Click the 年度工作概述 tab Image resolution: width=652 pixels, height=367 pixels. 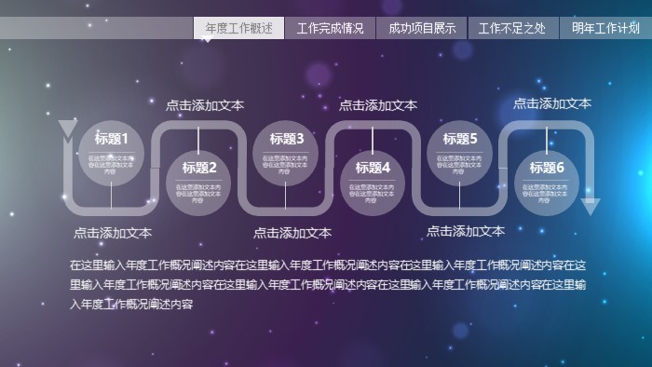238,28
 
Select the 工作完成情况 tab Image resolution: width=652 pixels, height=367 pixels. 330,28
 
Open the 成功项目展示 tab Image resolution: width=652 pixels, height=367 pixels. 422,28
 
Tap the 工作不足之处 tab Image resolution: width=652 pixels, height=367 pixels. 512,28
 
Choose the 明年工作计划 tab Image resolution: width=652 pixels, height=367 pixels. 604,28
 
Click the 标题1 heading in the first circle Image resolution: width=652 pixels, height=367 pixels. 112,139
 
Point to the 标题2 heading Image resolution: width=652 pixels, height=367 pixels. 198,168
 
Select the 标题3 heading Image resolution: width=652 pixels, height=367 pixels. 286,139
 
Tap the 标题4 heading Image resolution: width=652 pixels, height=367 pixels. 373,168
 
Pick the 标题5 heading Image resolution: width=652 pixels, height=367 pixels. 460,139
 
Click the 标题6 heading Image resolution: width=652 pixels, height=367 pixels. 547,168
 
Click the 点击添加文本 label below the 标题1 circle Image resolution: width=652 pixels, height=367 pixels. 113,233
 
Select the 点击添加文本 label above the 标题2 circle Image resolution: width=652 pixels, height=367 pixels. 205,105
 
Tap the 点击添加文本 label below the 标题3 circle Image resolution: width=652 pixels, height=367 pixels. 292,233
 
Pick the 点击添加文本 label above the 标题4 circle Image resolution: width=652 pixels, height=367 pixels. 378,105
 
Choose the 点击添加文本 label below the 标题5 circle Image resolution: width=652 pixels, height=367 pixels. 466,231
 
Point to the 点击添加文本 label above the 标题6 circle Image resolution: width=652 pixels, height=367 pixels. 552,103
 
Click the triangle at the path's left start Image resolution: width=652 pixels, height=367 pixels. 68,129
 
